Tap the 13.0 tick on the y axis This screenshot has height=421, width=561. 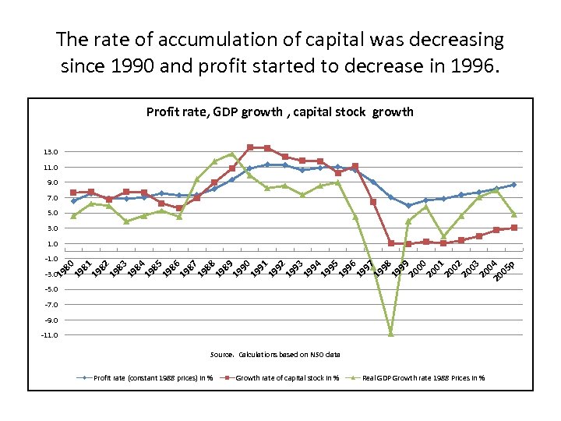pos(51,152)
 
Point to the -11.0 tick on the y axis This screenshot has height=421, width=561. pos(49,335)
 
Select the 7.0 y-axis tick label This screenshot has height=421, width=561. pos(51,198)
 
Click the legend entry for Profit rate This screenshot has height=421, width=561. pos(145,378)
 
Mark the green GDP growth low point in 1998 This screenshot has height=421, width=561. pos(391,334)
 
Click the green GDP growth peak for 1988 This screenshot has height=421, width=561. pos(232,154)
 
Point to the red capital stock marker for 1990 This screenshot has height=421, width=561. pos(250,147)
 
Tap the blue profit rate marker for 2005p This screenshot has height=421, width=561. pos(513,185)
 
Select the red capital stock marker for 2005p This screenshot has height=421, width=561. pos(513,228)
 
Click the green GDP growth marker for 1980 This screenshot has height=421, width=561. pos(73,216)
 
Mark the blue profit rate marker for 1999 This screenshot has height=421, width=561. pos(408,206)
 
